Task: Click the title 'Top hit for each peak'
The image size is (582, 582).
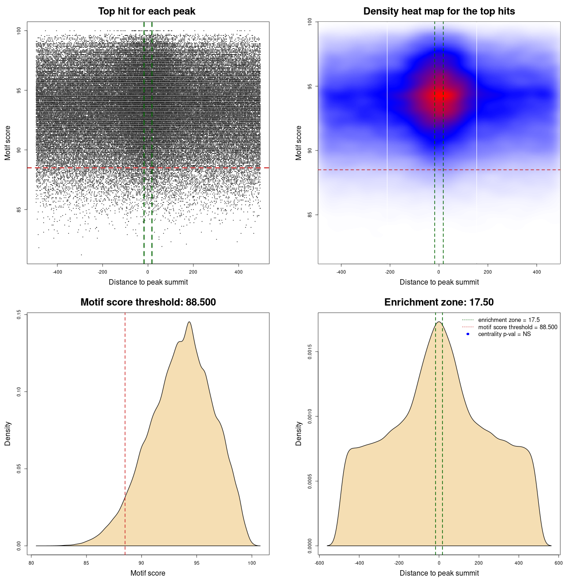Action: click(146, 11)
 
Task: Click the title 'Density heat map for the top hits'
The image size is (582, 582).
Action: click(439, 11)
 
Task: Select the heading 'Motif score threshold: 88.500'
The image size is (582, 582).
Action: click(148, 302)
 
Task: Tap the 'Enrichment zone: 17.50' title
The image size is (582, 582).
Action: click(439, 302)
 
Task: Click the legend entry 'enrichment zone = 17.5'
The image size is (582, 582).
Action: click(509, 320)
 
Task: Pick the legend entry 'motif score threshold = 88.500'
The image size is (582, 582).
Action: click(517, 327)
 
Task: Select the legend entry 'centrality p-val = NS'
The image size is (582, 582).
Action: click(504, 334)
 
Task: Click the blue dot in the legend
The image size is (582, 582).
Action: click(468, 334)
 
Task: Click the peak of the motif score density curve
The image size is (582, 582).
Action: click(189, 322)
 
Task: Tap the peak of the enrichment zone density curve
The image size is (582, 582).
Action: click(439, 322)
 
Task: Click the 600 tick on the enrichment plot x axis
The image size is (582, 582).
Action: click(559, 563)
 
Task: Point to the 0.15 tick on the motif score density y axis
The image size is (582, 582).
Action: click(19, 315)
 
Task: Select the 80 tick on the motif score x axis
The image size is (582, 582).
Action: click(31, 563)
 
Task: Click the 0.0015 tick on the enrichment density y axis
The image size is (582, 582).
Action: click(310, 351)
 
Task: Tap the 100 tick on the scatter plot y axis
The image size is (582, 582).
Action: click(19, 30)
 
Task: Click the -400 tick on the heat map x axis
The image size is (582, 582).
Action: click(341, 272)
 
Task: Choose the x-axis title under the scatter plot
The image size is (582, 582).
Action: click(148, 282)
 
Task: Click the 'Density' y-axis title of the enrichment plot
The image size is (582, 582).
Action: click(299, 433)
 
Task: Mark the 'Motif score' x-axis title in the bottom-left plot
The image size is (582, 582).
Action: click(148, 573)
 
